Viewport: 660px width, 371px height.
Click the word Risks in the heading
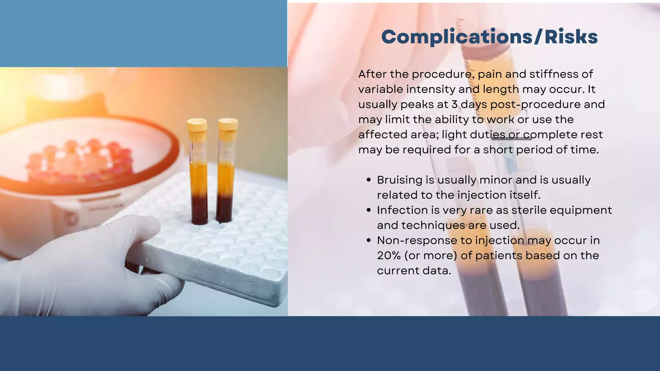[571, 37]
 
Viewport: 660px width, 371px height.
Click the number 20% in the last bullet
[389, 256]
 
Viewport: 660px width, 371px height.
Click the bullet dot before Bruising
[369, 180]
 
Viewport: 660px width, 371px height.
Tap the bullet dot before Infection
[369, 211]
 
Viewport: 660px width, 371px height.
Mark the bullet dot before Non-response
[369, 241]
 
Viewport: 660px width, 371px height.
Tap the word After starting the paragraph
[373, 74]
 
